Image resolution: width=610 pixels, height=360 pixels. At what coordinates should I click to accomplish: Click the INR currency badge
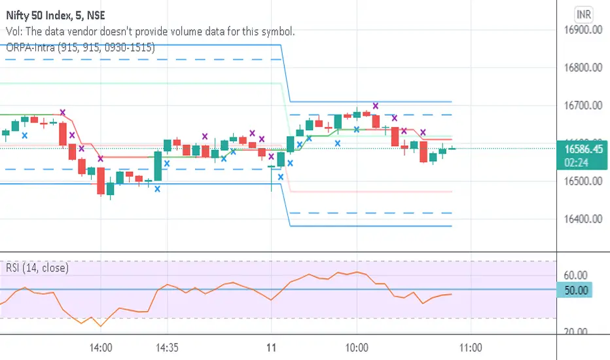[580, 13]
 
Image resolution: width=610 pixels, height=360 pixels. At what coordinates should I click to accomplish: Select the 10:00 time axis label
[357, 347]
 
